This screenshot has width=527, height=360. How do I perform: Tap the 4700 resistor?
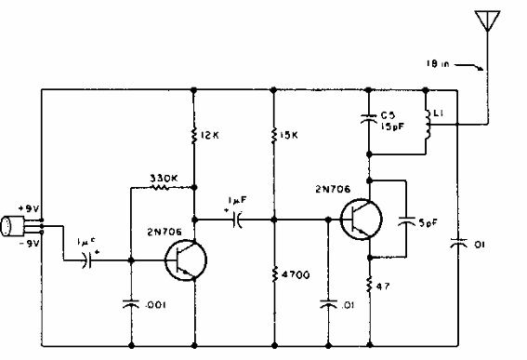click(274, 274)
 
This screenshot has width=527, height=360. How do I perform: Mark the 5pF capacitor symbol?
click(406, 222)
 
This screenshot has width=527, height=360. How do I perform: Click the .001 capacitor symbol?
click(130, 302)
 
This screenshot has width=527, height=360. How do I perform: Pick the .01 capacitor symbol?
click(327, 302)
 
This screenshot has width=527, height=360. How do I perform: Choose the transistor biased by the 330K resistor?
click(182, 263)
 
